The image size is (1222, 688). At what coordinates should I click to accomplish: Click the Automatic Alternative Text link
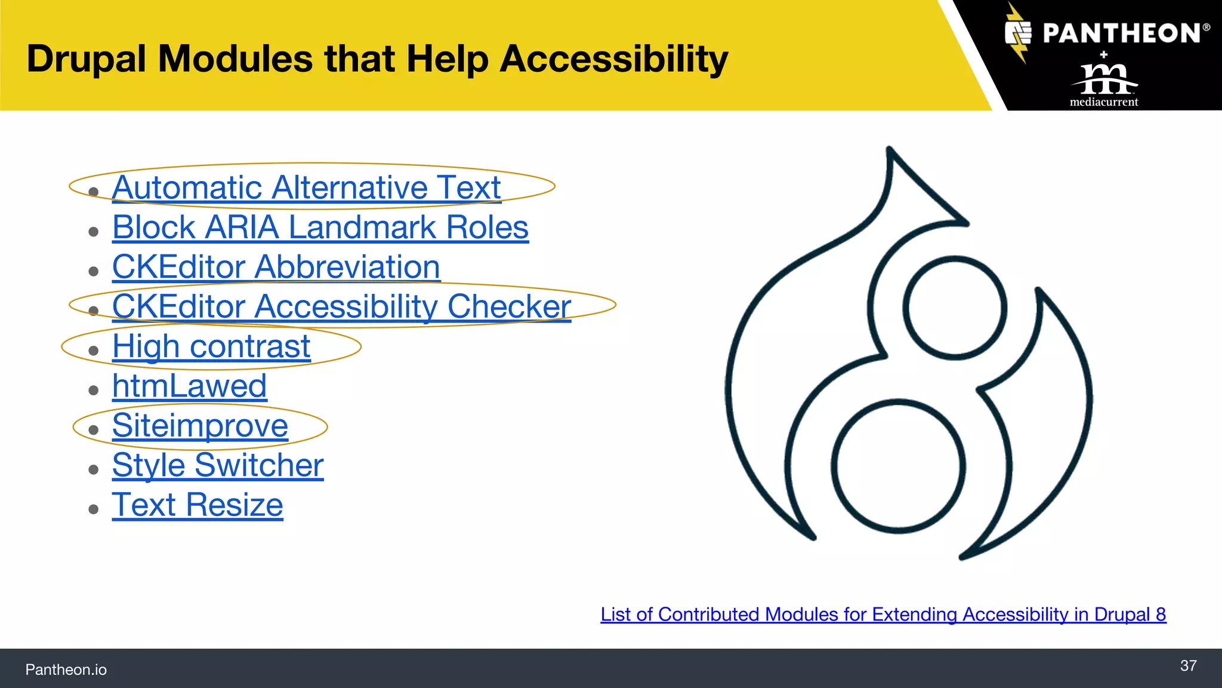[306, 188]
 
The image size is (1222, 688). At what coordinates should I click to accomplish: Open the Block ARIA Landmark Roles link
[320, 228]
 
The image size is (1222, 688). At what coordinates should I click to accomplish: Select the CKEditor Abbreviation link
[276, 267]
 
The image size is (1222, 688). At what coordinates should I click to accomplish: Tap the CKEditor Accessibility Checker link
[341, 306]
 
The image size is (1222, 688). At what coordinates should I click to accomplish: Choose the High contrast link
[211, 346]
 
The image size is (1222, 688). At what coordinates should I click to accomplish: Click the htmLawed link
[189, 386]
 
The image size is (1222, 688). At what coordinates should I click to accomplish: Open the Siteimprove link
[200, 426]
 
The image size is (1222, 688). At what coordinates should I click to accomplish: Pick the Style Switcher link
[218, 465]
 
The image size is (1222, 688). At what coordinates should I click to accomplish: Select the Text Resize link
[198, 505]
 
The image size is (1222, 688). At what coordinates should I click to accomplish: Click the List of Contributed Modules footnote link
[883, 615]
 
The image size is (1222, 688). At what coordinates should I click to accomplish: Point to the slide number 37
[1188, 666]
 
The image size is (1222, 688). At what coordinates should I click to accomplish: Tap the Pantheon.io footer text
[66, 669]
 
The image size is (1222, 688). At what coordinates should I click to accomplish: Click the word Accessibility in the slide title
[614, 59]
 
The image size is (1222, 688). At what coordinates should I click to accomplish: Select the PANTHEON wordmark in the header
[1122, 33]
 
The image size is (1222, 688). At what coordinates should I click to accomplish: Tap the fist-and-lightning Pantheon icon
[1018, 33]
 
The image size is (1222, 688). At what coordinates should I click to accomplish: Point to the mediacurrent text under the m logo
[1104, 102]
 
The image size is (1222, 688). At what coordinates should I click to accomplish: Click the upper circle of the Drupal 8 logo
[955, 308]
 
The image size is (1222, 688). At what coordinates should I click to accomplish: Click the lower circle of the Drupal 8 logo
[899, 466]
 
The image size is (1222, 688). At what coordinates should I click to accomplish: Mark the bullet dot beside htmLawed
[93, 391]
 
